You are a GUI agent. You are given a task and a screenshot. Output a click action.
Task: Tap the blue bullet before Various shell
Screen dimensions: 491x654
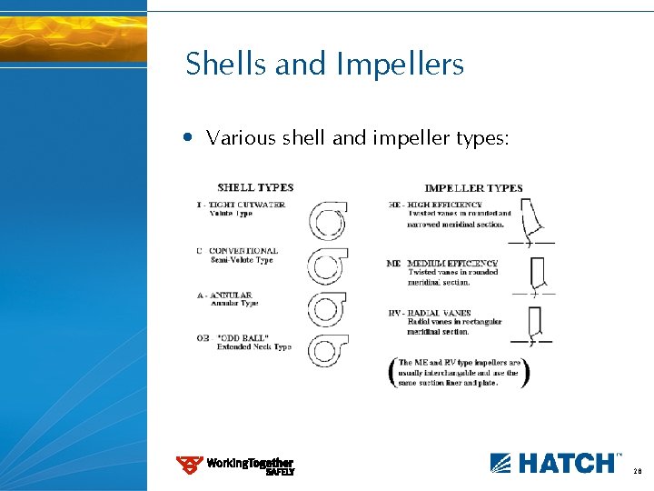point(187,138)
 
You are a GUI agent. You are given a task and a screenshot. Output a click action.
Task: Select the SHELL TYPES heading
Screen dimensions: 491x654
point(255,187)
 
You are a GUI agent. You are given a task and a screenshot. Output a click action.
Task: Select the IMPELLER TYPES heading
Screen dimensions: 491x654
point(473,188)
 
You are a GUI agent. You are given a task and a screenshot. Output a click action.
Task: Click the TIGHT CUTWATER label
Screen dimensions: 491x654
point(247,205)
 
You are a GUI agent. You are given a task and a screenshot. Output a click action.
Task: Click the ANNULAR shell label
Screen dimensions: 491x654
point(234,296)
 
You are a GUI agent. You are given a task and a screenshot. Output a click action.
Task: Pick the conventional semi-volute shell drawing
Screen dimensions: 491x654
point(326,266)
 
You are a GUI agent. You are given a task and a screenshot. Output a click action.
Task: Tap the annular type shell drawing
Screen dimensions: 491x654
point(326,309)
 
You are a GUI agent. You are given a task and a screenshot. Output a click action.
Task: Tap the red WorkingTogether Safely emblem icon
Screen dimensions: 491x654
point(189,466)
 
